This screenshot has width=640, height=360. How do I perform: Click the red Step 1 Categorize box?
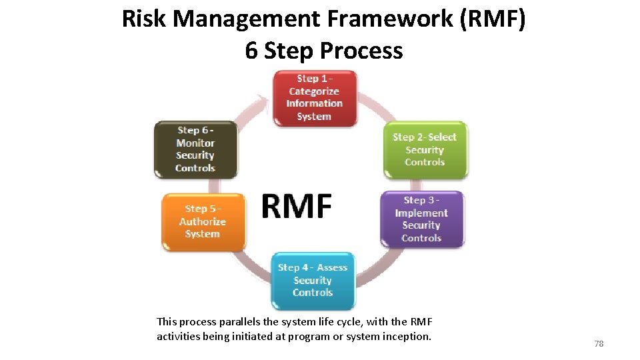click(314, 98)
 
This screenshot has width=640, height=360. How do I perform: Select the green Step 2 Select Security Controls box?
click(425, 150)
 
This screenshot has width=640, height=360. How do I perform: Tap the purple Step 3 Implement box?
click(421, 219)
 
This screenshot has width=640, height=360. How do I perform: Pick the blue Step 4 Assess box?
click(313, 280)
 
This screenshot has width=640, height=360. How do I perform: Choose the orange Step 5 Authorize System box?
click(203, 221)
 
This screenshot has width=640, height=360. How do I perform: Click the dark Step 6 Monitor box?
click(195, 149)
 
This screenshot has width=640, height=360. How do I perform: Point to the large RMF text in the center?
click(296, 206)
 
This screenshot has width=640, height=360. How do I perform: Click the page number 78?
click(599, 343)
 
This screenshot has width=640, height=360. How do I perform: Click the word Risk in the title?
click(144, 19)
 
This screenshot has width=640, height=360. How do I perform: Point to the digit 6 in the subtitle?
click(251, 51)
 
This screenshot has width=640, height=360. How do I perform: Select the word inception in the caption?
click(405, 336)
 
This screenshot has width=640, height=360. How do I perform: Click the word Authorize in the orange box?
click(203, 221)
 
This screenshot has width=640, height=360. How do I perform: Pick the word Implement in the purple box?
click(421, 213)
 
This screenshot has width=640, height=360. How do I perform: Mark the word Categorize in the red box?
click(314, 91)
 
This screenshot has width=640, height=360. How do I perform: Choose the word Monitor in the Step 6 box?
click(195, 143)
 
